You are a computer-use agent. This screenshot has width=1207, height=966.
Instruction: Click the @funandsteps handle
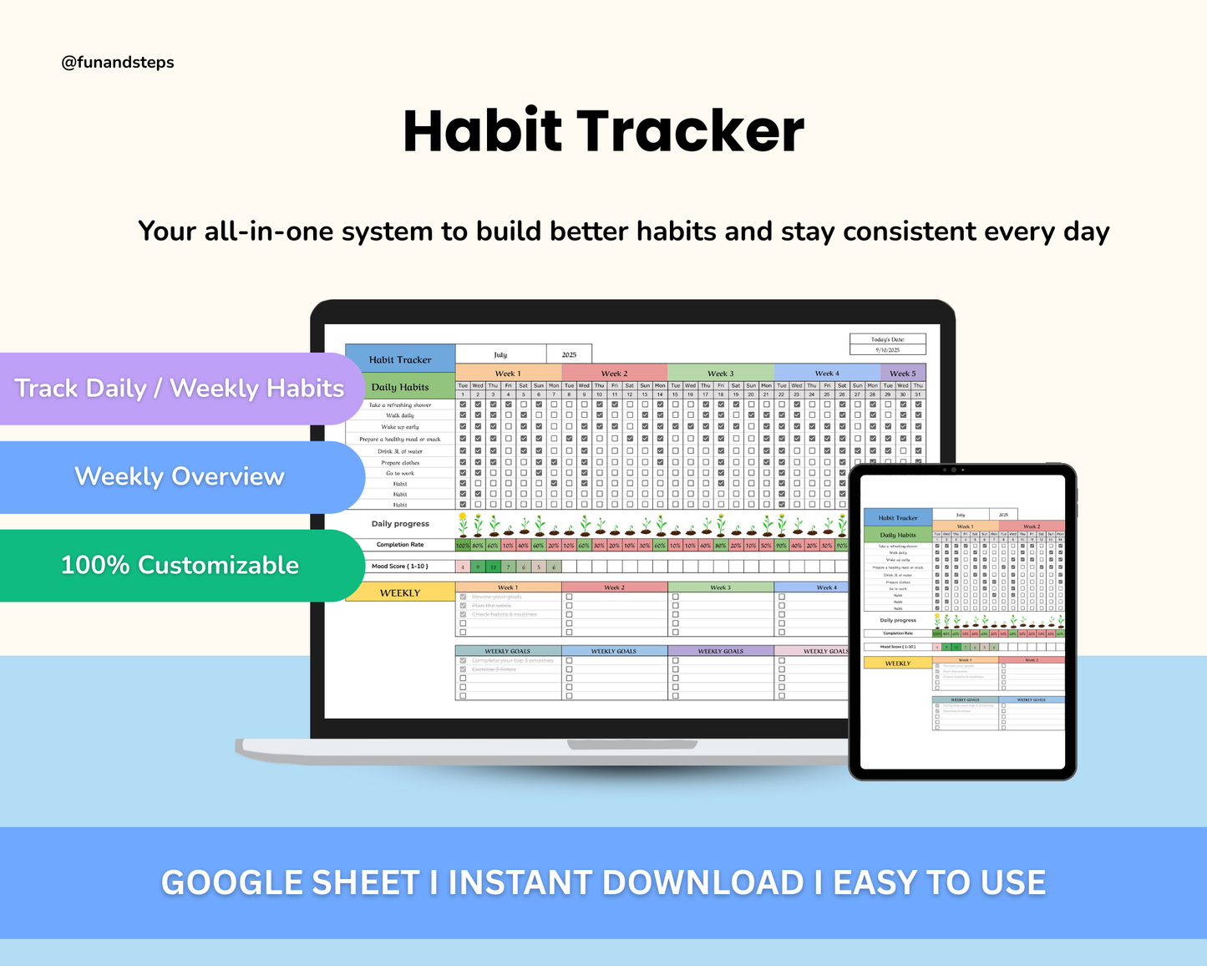[x=118, y=63]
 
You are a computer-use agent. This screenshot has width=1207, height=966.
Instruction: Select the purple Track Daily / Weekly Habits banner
[x=179, y=389]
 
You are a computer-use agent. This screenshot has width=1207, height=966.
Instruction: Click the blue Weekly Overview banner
[x=180, y=476]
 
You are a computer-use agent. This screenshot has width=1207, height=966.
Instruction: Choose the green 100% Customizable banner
[x=180, y=565]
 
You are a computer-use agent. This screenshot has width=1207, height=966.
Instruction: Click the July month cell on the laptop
[x=500, y=354]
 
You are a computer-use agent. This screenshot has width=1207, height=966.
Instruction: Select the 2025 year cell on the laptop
[x=569, y=354]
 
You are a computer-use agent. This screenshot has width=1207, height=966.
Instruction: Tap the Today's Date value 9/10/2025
[x=888, y=350]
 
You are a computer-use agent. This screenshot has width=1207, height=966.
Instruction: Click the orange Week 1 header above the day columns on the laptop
[x=508, y=374]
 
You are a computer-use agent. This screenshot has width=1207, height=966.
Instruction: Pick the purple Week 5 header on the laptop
[x=902, y=374]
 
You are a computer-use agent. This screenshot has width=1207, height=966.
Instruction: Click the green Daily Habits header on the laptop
[x=400, y=387]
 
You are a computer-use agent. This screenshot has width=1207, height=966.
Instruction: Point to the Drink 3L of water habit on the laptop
[x=400, y=451]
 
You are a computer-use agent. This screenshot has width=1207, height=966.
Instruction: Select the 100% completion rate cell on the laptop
[x=463, y=546]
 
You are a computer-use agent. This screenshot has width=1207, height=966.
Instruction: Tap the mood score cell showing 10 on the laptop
[x=493, y=567]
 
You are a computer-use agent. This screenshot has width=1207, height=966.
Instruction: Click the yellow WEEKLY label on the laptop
[x=400, y=592]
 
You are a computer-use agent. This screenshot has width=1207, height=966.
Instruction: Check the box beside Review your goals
[x=463, y=597]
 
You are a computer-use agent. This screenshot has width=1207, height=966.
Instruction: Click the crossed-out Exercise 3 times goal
[x=494, y=669]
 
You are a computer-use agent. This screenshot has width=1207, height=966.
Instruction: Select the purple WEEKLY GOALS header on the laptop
[x=721, y=651]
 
